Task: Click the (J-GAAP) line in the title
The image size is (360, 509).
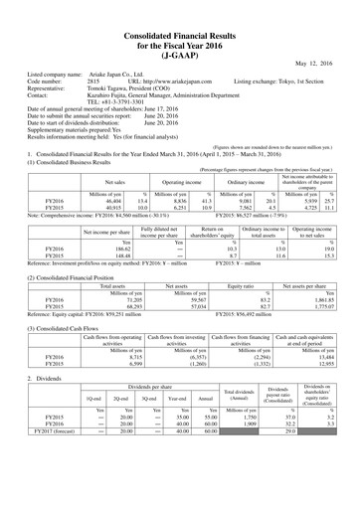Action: tap(180, 43)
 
